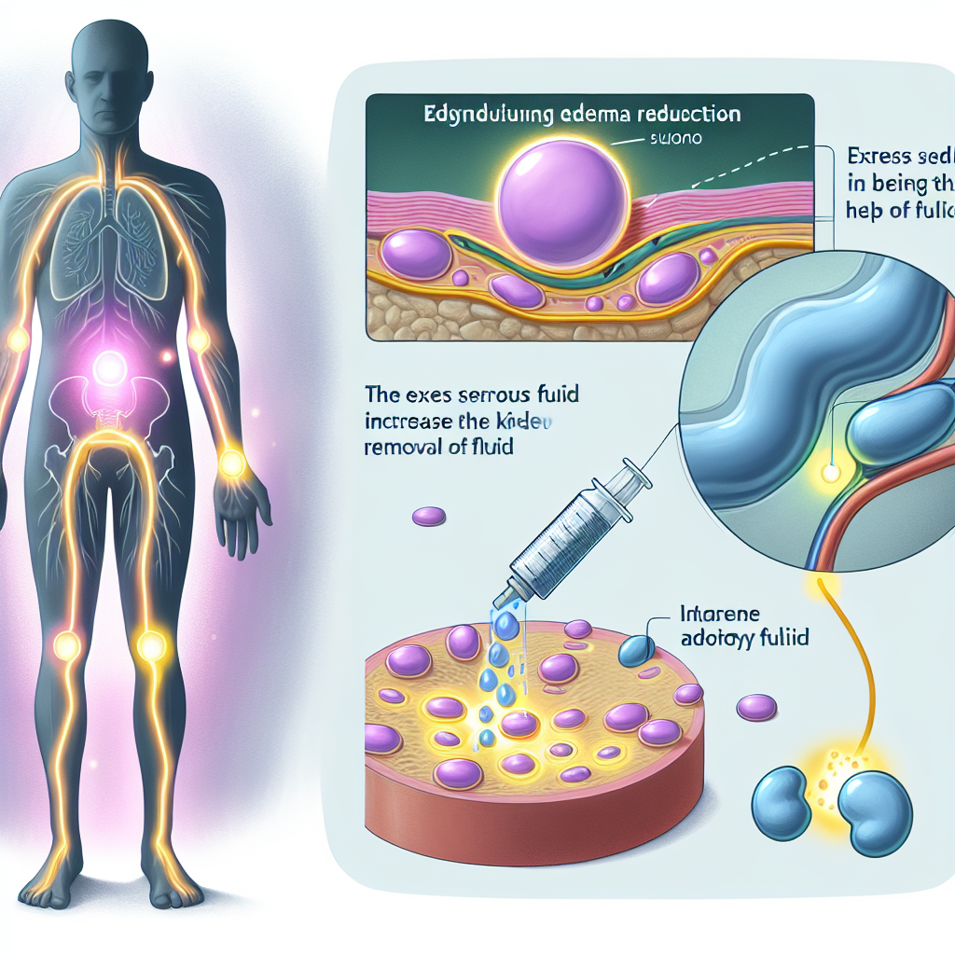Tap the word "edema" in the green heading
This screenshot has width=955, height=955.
595,117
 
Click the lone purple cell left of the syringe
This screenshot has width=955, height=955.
429,515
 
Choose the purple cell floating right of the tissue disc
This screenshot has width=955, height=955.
756,707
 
